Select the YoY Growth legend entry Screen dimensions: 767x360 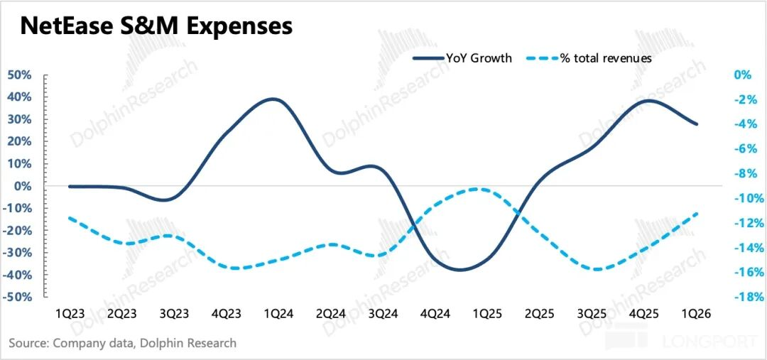click(462, 58)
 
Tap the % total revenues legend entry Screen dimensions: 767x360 click(589, 58)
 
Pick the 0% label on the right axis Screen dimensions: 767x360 click(742, 75)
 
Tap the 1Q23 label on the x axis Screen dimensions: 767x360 click(68, 314)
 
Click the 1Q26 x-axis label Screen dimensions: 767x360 click(697, 314)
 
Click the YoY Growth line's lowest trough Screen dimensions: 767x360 click(459, 270)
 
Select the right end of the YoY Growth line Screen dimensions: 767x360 click(697, 124)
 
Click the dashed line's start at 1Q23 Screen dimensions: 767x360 click(70, 218)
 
